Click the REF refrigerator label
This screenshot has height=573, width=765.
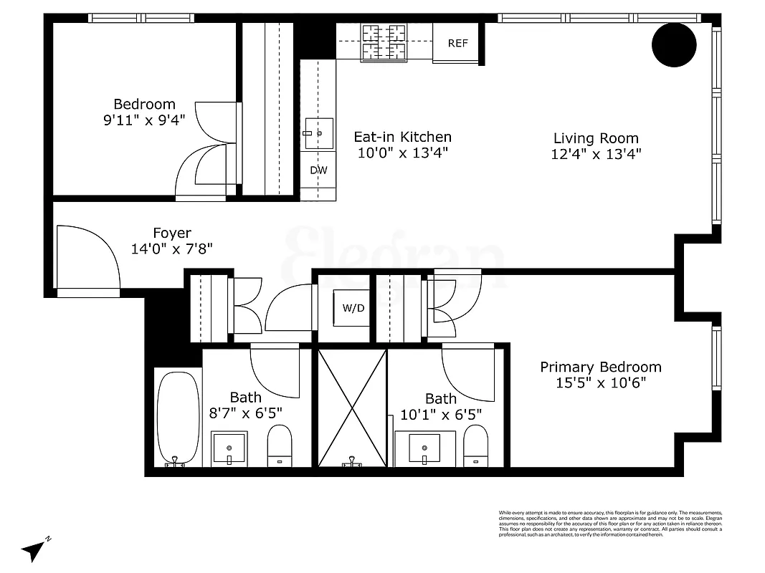click(x=457, y=44)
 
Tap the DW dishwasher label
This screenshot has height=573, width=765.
click(x=318, y=170)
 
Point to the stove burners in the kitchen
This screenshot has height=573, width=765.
click(x=384, y=41)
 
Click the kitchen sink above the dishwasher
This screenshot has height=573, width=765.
click(x=318, y=133)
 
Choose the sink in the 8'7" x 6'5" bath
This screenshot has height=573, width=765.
click(x=229, y=448)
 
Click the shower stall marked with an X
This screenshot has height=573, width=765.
click(x=352, y=407)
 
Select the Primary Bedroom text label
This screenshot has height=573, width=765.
click(x=600, y=367)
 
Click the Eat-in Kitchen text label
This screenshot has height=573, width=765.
click(x=403, y=136)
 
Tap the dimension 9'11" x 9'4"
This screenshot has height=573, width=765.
click(x=144, y=120)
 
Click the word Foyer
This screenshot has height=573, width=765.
click(x=172, y=233)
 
